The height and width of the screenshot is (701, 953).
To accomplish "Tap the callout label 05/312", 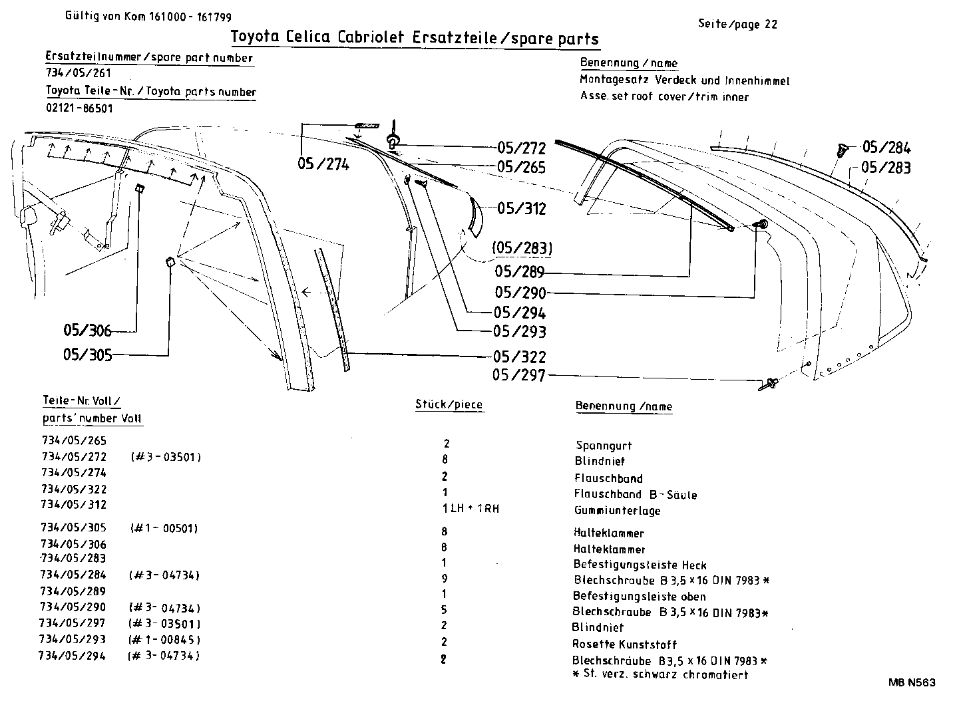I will [x=521, y=209].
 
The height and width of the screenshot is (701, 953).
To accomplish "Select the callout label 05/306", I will [x=87, y=331].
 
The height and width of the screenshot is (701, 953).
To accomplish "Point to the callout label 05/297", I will [x=518, y=376].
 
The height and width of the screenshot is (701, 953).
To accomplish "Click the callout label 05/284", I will [x=886, y=148].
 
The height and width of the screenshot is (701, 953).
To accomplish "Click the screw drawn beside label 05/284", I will [x=841, y=150].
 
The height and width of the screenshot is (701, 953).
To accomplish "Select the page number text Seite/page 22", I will [x=737, y=25].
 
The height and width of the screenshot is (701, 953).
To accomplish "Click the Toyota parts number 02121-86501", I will [x=79, y=108].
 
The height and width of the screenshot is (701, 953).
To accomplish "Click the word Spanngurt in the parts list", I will [x=604, y=446].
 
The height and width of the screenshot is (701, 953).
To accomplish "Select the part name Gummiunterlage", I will [x=618, y=511].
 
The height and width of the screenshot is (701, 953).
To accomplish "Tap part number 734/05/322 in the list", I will [x=74, y=489].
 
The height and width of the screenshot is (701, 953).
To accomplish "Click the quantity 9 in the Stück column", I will [x=444, y=579].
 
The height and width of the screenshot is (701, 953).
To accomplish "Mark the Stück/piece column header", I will [x=449, y=404].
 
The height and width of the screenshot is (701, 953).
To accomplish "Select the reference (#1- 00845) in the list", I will [x=164, y=640].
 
